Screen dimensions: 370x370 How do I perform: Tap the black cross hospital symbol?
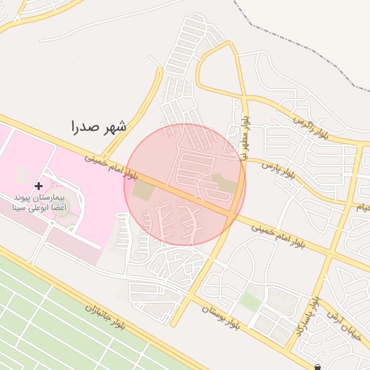[x=38, y=186]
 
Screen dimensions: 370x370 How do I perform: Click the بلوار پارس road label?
[x=279, y=171]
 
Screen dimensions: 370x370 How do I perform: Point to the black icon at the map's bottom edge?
[x=318, y=366]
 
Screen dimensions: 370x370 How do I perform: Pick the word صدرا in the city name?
[x=83, y=128]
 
